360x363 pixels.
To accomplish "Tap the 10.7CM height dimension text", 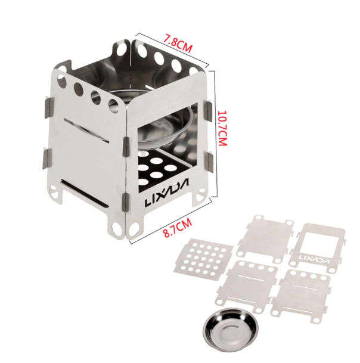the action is point(222,128).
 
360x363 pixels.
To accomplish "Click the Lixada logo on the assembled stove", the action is point(166,192).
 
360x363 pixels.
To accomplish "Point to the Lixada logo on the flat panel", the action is point(314,258).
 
